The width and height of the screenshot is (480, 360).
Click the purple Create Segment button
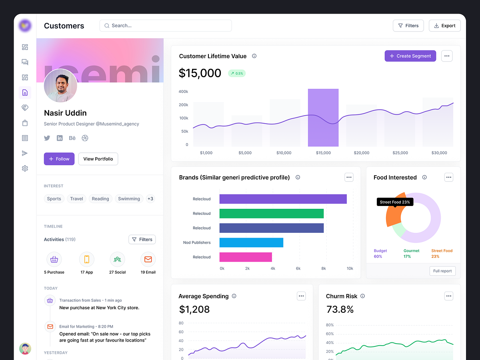410,56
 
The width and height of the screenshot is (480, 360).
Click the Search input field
166,26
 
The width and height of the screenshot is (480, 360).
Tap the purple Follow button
59,159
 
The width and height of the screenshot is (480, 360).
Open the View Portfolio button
98,159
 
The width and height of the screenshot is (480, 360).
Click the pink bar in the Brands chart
246,257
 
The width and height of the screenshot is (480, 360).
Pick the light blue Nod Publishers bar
251,242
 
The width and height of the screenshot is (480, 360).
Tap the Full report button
442,271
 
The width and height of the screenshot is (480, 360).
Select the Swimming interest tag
129,199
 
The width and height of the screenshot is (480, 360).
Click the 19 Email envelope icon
148,260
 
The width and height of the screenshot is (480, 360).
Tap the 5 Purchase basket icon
54,260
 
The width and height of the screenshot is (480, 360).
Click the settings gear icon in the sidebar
25,168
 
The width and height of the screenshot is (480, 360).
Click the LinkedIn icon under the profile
60,138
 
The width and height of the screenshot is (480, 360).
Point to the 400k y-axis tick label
183,92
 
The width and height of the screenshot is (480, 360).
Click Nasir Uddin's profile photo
60,86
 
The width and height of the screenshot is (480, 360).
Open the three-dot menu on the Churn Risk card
449,296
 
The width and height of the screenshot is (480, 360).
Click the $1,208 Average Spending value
194,309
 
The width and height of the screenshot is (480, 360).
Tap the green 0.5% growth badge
237,73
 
